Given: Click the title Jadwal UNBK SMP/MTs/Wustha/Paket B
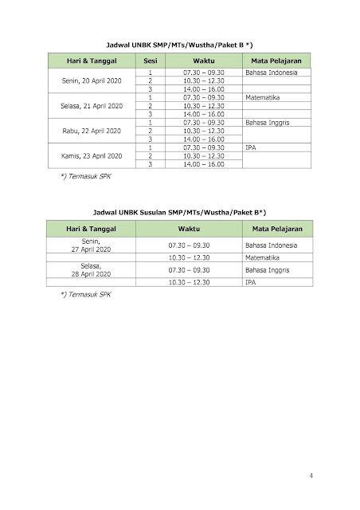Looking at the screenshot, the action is coord(179,46).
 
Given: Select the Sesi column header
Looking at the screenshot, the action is coord(150,61).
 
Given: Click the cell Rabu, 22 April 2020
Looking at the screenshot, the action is coord(92,130).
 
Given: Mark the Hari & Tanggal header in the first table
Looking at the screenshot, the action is coord(92,61).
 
